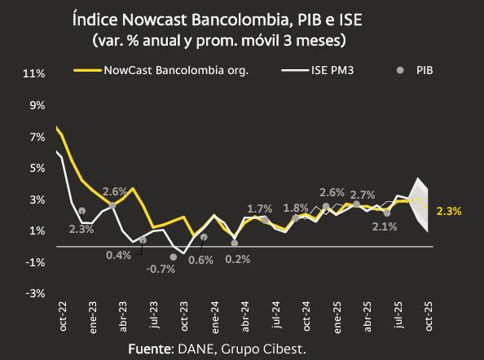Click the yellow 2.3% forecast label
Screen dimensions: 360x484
pyautogui.click(x=449, y=211)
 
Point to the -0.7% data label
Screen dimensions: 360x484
pyautogui.click(x=161, y=269)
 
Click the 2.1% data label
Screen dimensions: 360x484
pyautogui.click(x=384, y=226)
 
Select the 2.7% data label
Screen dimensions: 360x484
pyautogui.click(x=362, y=195)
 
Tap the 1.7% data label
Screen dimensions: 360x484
pyautogui.click(x=259, y=209)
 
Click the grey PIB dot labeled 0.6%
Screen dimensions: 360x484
pyautogui.click(x=204, y=237)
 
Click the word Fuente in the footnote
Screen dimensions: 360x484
pyautogui.click(x=150, y=349)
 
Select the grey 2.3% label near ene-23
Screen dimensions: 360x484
pyautogui.click(x=81, y=229)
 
